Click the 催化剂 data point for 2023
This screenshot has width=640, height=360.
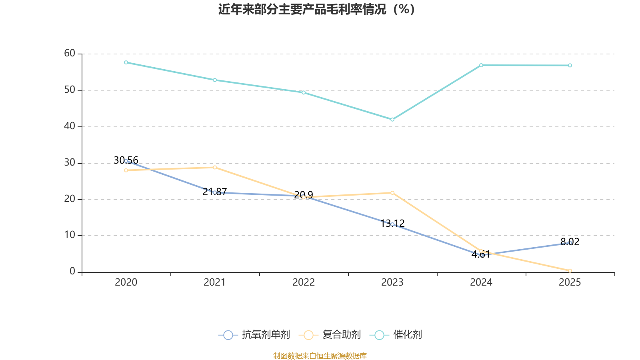(392, 120)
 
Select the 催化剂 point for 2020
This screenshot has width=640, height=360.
(126, 62)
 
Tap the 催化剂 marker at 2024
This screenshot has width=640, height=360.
(481, 65)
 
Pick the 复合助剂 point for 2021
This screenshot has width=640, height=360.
(215, 167)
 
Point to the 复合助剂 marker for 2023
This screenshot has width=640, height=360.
(392, 193)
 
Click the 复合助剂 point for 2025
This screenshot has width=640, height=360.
(570, 271)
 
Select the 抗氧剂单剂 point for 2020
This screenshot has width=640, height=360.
(126, 161)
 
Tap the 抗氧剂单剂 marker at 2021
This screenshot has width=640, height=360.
(215, 192)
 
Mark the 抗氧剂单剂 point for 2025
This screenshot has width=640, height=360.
(570, 243)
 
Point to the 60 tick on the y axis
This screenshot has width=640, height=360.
(70, 54)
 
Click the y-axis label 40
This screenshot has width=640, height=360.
(70, 126)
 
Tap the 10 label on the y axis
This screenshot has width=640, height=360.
(70, 235)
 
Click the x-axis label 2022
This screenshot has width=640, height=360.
(304, 282)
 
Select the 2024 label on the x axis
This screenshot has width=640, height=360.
(481, 282)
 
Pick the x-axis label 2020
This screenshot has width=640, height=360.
(126, 282)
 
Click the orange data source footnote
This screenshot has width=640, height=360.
(320, 356)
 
